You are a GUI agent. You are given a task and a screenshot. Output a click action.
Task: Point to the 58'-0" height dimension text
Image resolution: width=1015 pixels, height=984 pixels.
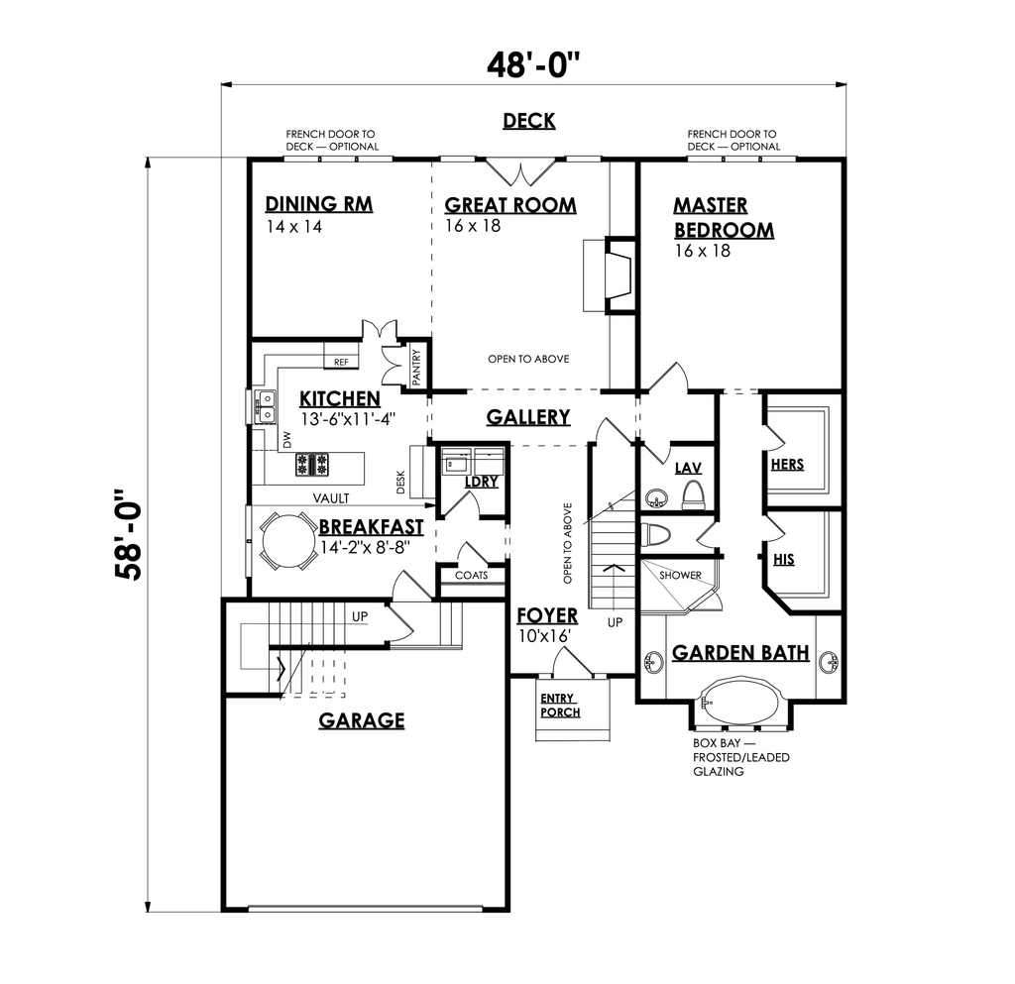128,534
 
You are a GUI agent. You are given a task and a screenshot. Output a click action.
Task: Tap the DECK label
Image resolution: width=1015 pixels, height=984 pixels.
529,121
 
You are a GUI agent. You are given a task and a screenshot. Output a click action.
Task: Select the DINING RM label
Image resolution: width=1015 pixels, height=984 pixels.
318,204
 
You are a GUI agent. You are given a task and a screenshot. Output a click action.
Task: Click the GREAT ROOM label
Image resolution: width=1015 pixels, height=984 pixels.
510,205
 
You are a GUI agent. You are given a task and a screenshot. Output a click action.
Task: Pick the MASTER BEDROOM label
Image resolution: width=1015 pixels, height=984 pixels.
724,217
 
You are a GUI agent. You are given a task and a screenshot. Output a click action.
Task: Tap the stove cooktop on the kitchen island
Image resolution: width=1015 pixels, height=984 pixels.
312,465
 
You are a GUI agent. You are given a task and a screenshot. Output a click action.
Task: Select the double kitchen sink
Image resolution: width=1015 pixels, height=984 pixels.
266,405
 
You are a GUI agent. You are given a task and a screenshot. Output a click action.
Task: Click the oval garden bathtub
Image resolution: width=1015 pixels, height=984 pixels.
740,700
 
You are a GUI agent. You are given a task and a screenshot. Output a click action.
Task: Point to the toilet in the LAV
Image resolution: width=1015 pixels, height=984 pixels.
693,494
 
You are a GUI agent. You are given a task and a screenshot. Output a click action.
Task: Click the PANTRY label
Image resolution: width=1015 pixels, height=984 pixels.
416,368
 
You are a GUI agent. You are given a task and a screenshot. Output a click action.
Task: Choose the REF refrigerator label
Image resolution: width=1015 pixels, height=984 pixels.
341,363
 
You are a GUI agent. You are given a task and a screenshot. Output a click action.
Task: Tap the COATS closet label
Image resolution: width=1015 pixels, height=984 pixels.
471,575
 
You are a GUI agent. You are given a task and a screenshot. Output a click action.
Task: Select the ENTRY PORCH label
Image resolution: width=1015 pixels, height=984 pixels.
560,706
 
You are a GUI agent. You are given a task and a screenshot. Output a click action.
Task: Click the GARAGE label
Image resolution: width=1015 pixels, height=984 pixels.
361,720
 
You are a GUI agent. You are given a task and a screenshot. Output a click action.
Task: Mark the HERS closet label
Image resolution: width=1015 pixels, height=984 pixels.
787,465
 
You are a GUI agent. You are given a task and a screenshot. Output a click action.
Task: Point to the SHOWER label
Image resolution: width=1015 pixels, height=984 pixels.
680,575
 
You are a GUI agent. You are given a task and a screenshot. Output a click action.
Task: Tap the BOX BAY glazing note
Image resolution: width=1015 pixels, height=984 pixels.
741,757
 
